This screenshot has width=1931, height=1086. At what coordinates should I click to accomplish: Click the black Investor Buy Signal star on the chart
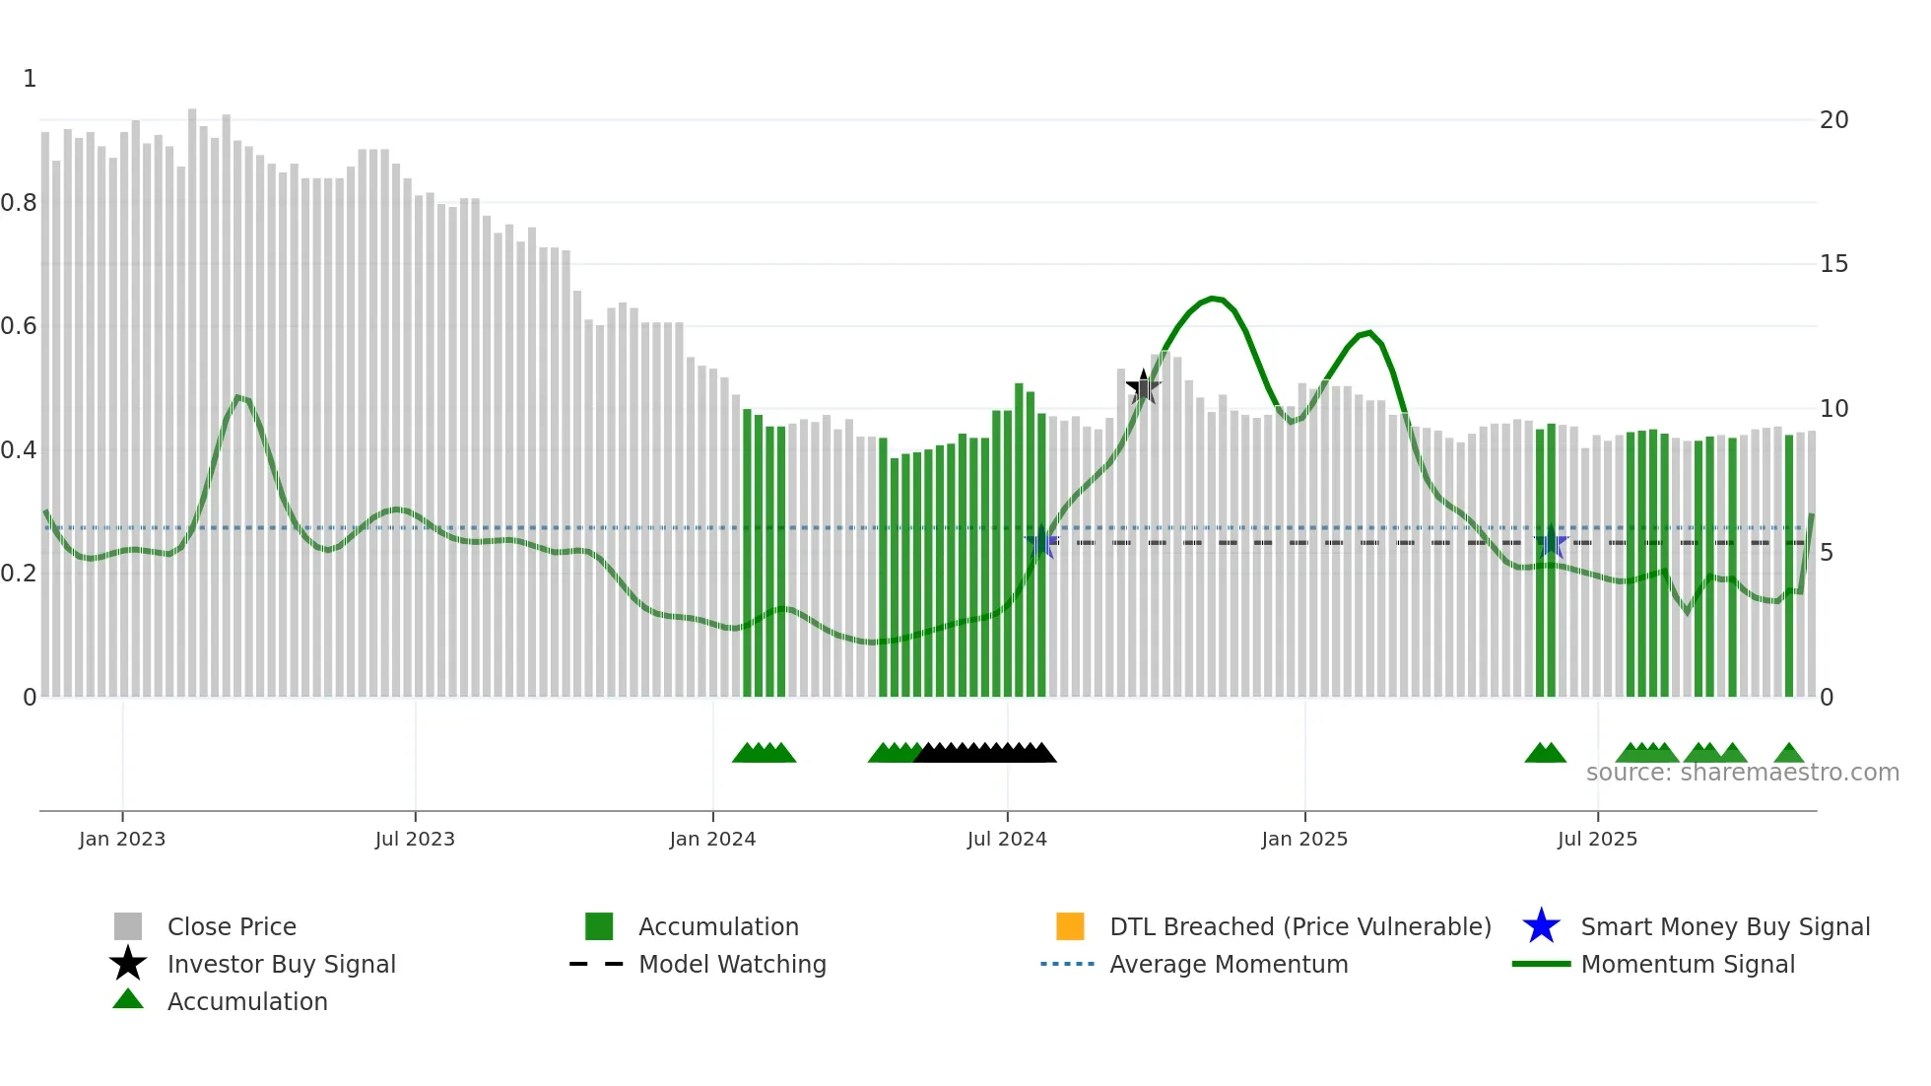pyautogui.click(x=1143, y=387)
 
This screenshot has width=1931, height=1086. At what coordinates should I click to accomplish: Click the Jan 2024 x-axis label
pyautogui.click(x=712, y=839)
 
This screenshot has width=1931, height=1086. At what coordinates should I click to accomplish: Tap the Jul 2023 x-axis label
pyautogui.click(x=415, y=839)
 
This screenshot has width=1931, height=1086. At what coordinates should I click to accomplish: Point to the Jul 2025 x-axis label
pyautogui.click(x=1597, y=839)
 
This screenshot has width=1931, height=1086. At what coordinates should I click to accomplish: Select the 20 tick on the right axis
pyautogui.click(x=1833, y=120)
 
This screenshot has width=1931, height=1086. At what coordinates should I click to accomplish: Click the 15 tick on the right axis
pyautogui.click(x=1833, y=264)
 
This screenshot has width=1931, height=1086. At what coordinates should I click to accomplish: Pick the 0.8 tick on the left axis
pyautogui.click(x=19, y=203)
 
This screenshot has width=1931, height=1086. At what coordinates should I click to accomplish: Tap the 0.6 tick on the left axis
pyautogui.click(x=19, y=326)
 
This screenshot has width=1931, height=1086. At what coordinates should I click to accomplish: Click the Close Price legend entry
pyautogui.click(x=232, y=926)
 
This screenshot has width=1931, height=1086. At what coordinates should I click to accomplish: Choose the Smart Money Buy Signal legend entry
pyautogui.click(x=1724, y=926)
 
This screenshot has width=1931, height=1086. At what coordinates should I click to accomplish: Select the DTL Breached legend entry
pyautogui.click(x=1299, y=926)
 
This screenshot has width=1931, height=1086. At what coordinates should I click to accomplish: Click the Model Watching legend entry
pyautogui.click(x=732, y=964)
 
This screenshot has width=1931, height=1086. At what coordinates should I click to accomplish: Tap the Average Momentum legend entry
pyautogui.click(x=1228, y=964)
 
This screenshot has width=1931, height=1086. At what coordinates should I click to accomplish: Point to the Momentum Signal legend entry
pyautogui.click(x=1687, y=964)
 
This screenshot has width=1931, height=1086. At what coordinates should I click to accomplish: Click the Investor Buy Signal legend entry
pyautogui.click(x=281, y=964)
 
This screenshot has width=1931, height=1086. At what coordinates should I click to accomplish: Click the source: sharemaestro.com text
pyautogui.click(x=1742, y=773)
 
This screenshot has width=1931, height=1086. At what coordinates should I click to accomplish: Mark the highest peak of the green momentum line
pyautogui.click(x=1214, y=298)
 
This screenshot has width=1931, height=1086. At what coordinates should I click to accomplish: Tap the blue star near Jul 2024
pyautogui.click(x=1041, y=542)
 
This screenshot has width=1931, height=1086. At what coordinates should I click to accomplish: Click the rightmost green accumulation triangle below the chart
pyautogui.click(x=1789, y=754)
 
